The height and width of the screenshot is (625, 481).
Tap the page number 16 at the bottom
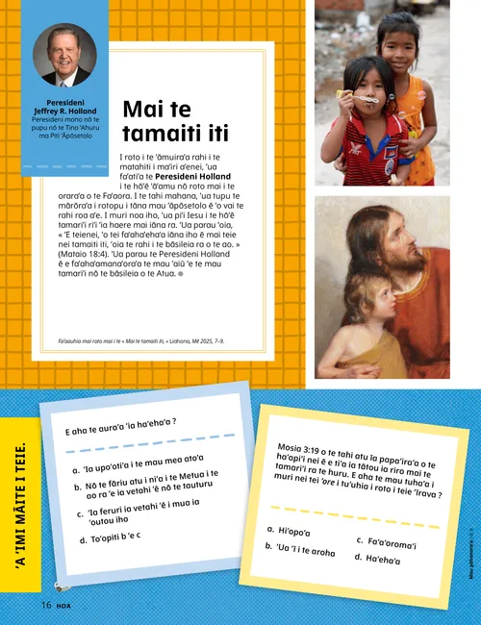coord(45,604)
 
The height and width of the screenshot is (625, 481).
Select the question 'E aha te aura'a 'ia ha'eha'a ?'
coord(120,427)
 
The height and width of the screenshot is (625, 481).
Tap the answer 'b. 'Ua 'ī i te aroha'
coord(300,549)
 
